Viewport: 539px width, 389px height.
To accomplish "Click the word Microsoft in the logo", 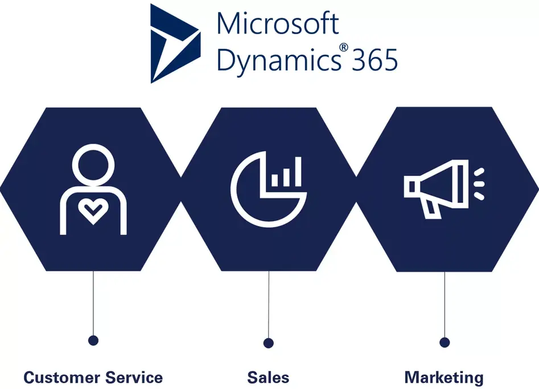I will tap(278, 24).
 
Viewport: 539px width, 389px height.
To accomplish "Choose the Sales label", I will tap(268, 377).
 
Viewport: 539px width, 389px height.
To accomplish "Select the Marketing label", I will tap(443, 377).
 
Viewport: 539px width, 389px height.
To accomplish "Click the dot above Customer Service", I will tap(93, 341).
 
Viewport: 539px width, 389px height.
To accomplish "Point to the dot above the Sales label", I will tap(269, 343).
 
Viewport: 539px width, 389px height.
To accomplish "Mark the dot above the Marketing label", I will tap(445, 342).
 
